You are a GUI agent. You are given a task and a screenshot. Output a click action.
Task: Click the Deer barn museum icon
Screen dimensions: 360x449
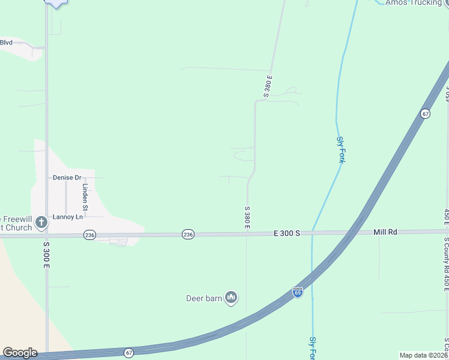232,297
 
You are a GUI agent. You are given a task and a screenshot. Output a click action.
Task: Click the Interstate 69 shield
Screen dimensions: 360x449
298,292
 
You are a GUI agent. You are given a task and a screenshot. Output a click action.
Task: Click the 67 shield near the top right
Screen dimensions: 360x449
425,113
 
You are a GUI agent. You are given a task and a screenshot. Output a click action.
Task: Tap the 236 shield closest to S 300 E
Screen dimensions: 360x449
89,235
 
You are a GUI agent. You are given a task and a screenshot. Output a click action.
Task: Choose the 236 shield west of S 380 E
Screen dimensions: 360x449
188,235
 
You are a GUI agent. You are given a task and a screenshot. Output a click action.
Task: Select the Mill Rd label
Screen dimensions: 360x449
385,232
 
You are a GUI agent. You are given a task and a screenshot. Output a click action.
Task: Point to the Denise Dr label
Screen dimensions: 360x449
67,178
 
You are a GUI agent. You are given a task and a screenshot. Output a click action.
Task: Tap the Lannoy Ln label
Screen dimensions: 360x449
68,217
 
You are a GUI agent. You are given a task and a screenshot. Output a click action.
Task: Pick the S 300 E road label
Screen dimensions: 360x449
46,254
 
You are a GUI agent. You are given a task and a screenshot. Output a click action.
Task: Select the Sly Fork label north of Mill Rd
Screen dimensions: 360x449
340,149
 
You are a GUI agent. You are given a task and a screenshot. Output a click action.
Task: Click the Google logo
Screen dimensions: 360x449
20,353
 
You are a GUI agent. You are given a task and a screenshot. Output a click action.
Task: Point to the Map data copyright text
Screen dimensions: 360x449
424,355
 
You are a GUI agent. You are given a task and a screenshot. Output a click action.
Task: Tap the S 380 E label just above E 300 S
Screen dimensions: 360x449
247,218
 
